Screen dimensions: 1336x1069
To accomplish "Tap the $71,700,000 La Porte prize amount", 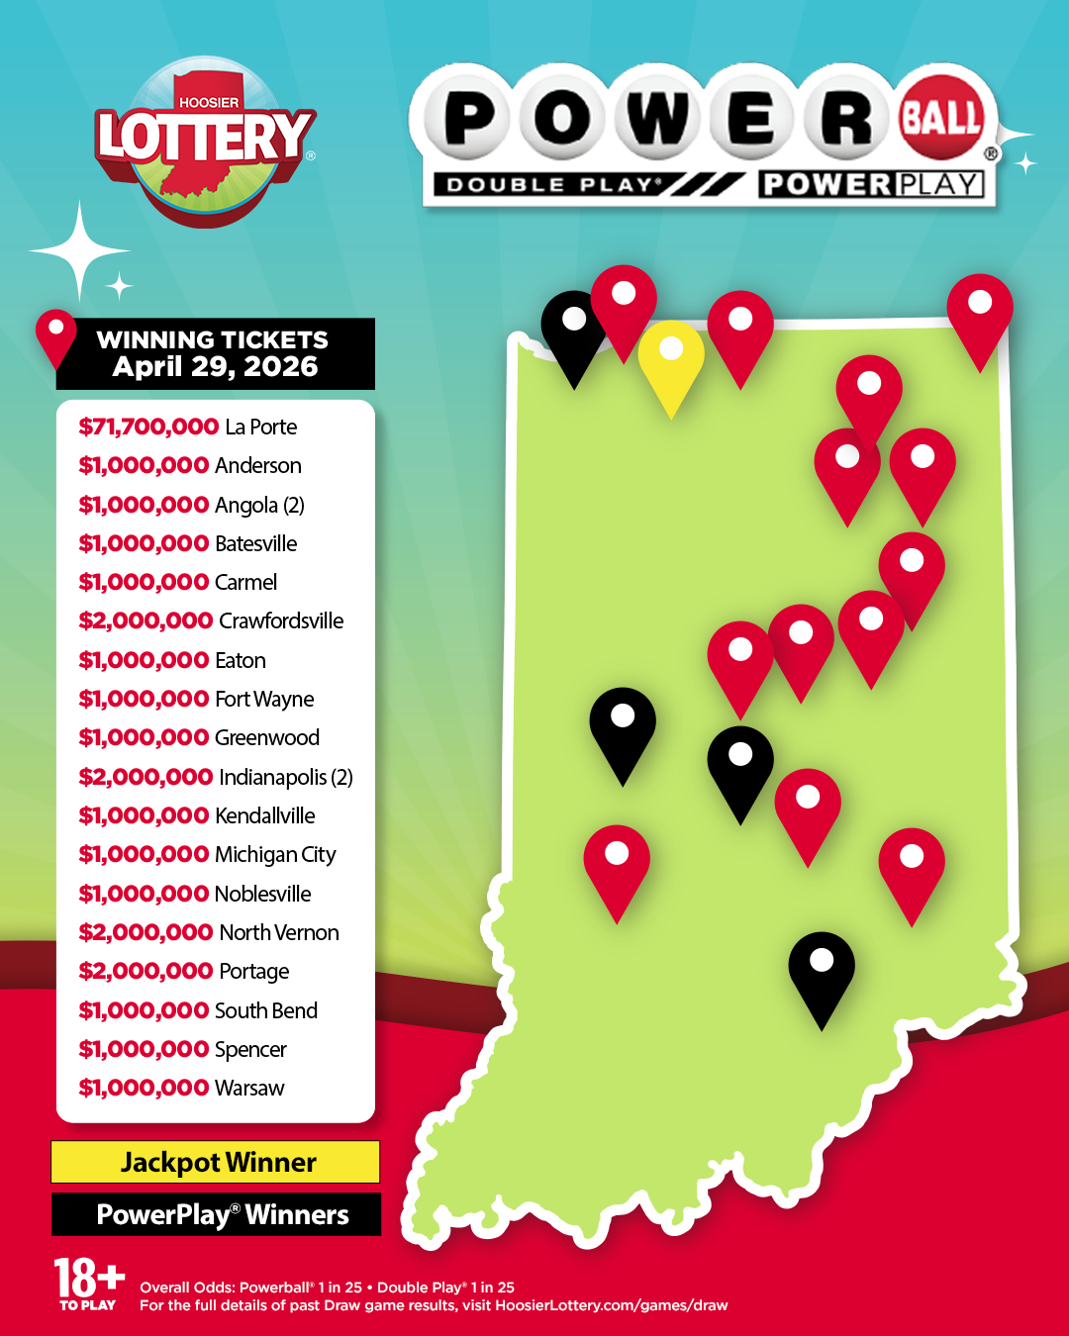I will pos(148,427).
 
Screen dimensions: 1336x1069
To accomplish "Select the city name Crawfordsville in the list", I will pos(281,620).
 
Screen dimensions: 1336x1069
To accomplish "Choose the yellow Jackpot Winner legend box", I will pos(216,1162).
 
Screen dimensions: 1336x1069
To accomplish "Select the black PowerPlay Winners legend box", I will pos(216,1214).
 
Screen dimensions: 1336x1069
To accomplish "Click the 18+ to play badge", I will pos(88,1284).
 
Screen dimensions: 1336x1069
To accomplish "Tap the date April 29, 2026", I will pos(215,367).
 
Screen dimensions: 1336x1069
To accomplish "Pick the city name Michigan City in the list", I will pos(275,854).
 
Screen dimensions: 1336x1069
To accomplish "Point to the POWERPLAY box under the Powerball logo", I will pos(871,185).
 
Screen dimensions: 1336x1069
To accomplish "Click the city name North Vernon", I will pos(278,932).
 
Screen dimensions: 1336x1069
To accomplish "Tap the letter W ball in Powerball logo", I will pos(656,119).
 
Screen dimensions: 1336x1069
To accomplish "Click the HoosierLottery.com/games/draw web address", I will pos(611,1305).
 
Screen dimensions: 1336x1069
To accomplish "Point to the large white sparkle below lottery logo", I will pos(79,251).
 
